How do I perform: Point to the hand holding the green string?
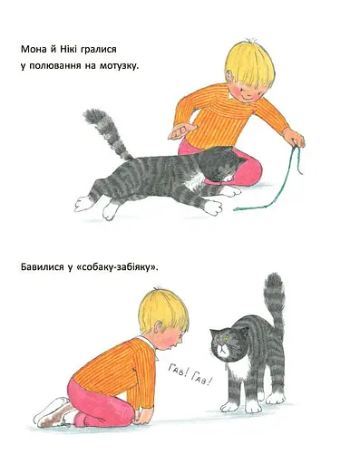pyautogui.click(x=294, y=138)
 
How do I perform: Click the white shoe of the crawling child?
pyautogui.click(x=52, y=412)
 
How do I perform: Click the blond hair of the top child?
pyautogui.click(x=250, y=63)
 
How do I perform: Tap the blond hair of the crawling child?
pyautogui.click(x=162, y=308)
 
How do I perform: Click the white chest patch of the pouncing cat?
pyautogui.click(x=193, y=182)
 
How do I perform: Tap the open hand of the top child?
pyautogui.click(x=181, y=131)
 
